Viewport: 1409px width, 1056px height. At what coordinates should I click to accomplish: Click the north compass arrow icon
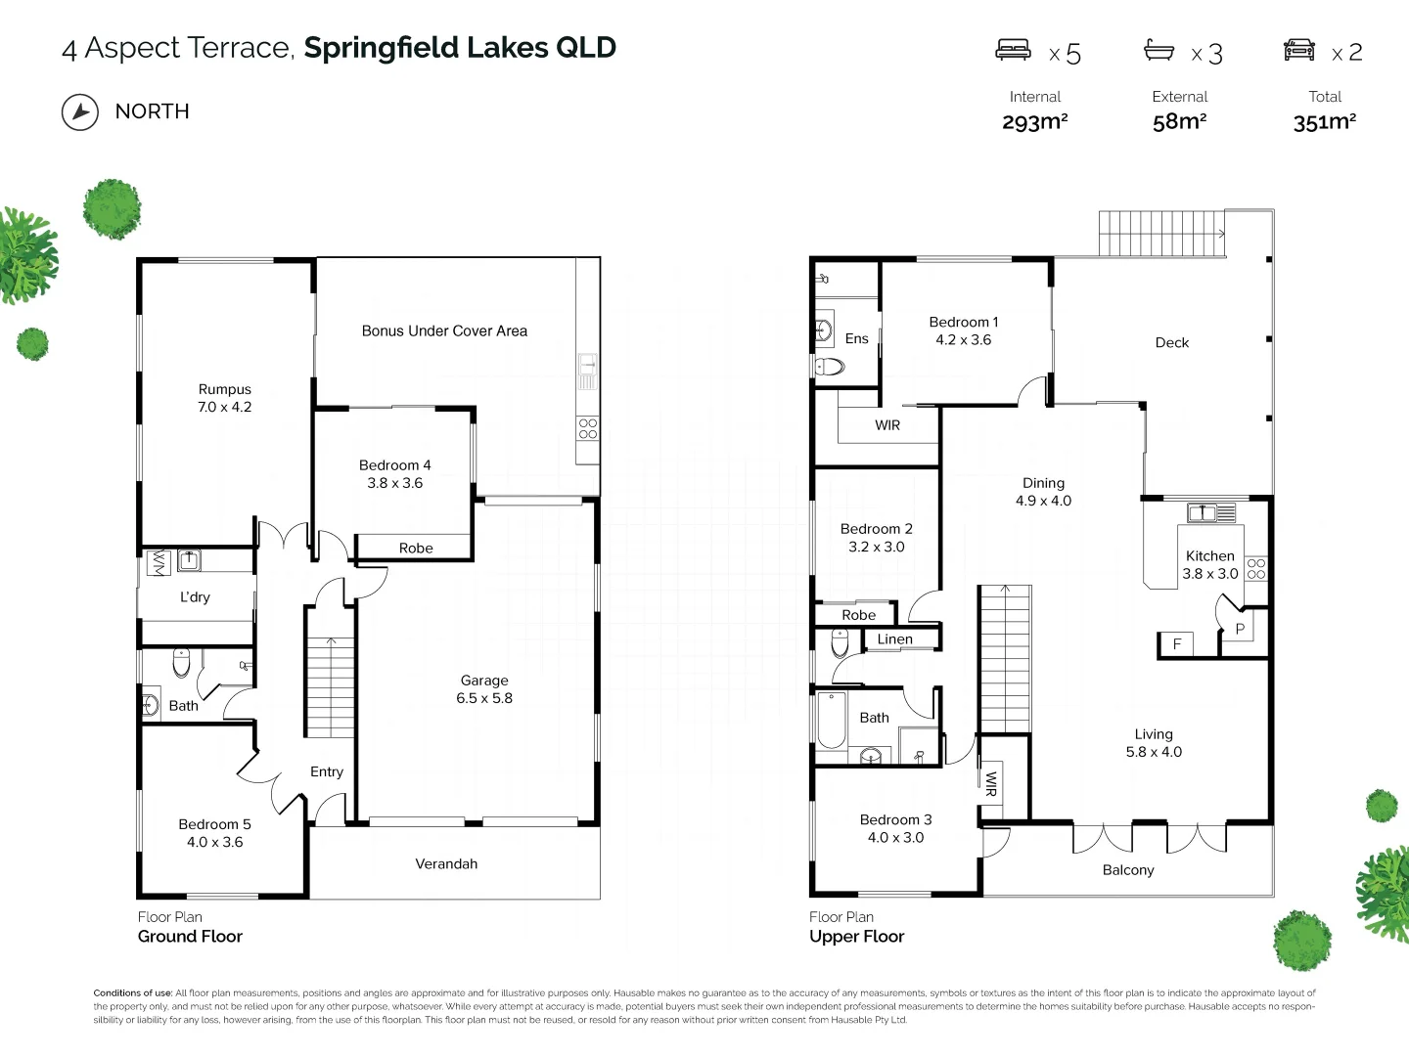pyautogui.click(x=80, y=112)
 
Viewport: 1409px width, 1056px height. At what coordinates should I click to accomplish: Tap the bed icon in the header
pyautogui.click(x=1013, y=50)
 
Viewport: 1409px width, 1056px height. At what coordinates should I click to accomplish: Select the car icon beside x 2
pyautogui.click(x=1299, y=50)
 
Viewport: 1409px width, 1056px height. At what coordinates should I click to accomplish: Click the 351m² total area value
pyautogui.click(x=1324, y=122)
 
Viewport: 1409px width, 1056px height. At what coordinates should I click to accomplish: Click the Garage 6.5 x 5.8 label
pyautogui.click(x=484, y=689)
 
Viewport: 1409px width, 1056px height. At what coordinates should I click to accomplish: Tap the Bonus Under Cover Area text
pyautogui.click(x=444, y=331)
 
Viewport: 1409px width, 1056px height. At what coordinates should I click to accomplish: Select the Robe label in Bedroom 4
pyautogui.click(x=416, y=549)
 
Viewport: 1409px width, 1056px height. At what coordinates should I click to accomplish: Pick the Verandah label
pyautogui.click(x=446, y=864)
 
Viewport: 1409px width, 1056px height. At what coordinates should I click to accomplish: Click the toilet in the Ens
pyautogui.click(x=829, y=367)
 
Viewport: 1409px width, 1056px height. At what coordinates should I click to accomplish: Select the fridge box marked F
pyautogui.click(x=1177, y=644)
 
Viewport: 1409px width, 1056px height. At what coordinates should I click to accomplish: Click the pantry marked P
pyautogui.click(x=1240, y=630)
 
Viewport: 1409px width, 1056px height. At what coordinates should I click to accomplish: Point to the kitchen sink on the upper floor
pyautogui.click(x=1210, y=511)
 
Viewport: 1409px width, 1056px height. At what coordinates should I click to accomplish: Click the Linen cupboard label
pyautogui.click(x=894, y=639)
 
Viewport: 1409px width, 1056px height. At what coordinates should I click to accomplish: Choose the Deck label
pyautogui.click(x=1171, y=343)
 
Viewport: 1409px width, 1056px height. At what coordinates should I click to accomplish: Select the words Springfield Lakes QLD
pyautogui.click(x=460, y=48)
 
